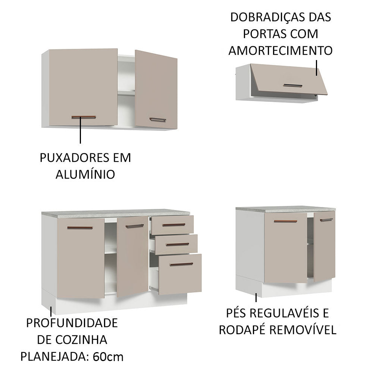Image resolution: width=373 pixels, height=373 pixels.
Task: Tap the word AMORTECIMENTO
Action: coord(280,50)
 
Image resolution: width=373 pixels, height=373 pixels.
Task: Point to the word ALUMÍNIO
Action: coord(85,174)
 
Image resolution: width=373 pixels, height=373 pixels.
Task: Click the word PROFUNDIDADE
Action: coord(72,323)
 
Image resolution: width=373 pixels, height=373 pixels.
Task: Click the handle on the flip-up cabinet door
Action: coord(292,85)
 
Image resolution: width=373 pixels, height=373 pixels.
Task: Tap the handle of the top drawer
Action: coord(174,225)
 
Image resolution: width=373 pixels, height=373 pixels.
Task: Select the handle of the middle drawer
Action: coord(177,244)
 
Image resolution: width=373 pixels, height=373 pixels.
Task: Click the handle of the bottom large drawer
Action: coord(181,264)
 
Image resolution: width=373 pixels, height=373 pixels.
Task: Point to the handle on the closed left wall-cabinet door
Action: coord(84,117)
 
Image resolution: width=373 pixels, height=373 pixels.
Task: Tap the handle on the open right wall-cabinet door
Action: coord(157,120)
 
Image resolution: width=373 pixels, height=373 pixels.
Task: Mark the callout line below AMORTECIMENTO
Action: coord(316,67)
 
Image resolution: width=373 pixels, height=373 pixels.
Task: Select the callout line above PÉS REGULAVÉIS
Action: coord(256,298)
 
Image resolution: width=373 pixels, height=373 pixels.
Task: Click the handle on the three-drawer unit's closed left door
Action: coord(80,228)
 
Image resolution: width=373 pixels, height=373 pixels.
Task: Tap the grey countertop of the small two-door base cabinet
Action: coord(285,209)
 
